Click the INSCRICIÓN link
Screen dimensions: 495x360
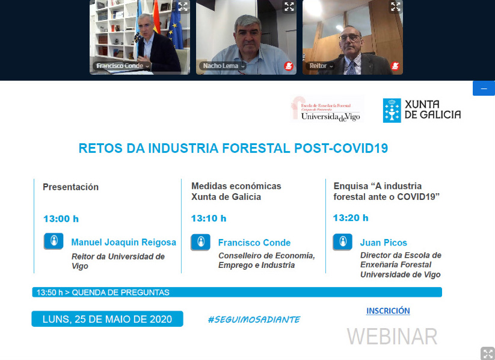tap(388, 311)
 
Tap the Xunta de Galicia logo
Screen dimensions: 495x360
tap(422, 110)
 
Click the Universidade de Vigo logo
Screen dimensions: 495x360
tap(327, 109)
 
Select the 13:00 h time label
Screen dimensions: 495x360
tap(61, 219)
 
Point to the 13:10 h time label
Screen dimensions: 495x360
tap(209, 218)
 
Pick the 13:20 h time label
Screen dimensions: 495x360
tap(351, 218)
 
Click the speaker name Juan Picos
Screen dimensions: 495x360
tap(384, 243)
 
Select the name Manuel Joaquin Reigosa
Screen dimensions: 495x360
tap(124, 242)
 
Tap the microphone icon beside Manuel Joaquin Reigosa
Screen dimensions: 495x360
tap(54, 241)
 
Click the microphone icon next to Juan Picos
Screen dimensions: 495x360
tap(342, 242)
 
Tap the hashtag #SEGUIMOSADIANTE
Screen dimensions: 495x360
tap(254, 320)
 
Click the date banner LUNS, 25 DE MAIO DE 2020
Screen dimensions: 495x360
tap(107, 319)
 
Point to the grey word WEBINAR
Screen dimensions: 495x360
tap(392, 337)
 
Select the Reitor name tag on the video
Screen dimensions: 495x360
tap(320, 66)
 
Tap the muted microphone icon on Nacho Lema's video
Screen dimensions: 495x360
tap(289, 66)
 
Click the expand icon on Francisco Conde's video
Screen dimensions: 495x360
tap(183, 7)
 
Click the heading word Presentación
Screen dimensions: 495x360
tap(71, 187)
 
